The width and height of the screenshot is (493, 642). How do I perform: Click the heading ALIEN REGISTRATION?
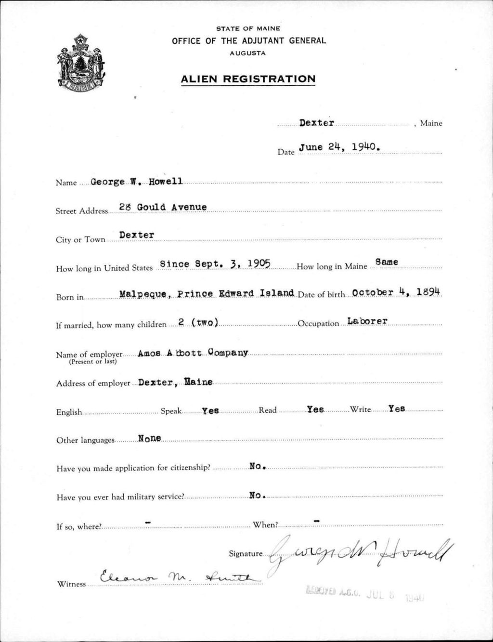[248, 79]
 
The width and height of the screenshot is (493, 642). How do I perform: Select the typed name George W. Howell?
[137, 182]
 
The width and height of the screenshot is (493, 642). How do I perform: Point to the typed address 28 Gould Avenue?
[163, 207]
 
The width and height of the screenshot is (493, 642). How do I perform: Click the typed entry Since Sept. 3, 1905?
[215, 264]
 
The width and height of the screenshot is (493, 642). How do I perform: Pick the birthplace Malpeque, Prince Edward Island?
[207, 293]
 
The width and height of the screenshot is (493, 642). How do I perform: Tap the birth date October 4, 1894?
[397, 292]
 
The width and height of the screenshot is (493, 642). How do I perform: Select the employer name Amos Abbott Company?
[193, 353]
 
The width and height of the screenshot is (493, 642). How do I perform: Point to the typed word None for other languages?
[149, 438]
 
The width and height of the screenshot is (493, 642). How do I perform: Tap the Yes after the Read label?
[315, 409]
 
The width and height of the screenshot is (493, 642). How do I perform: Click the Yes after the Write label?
[397, 409]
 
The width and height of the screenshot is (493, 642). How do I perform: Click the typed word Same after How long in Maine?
[387, 262]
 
